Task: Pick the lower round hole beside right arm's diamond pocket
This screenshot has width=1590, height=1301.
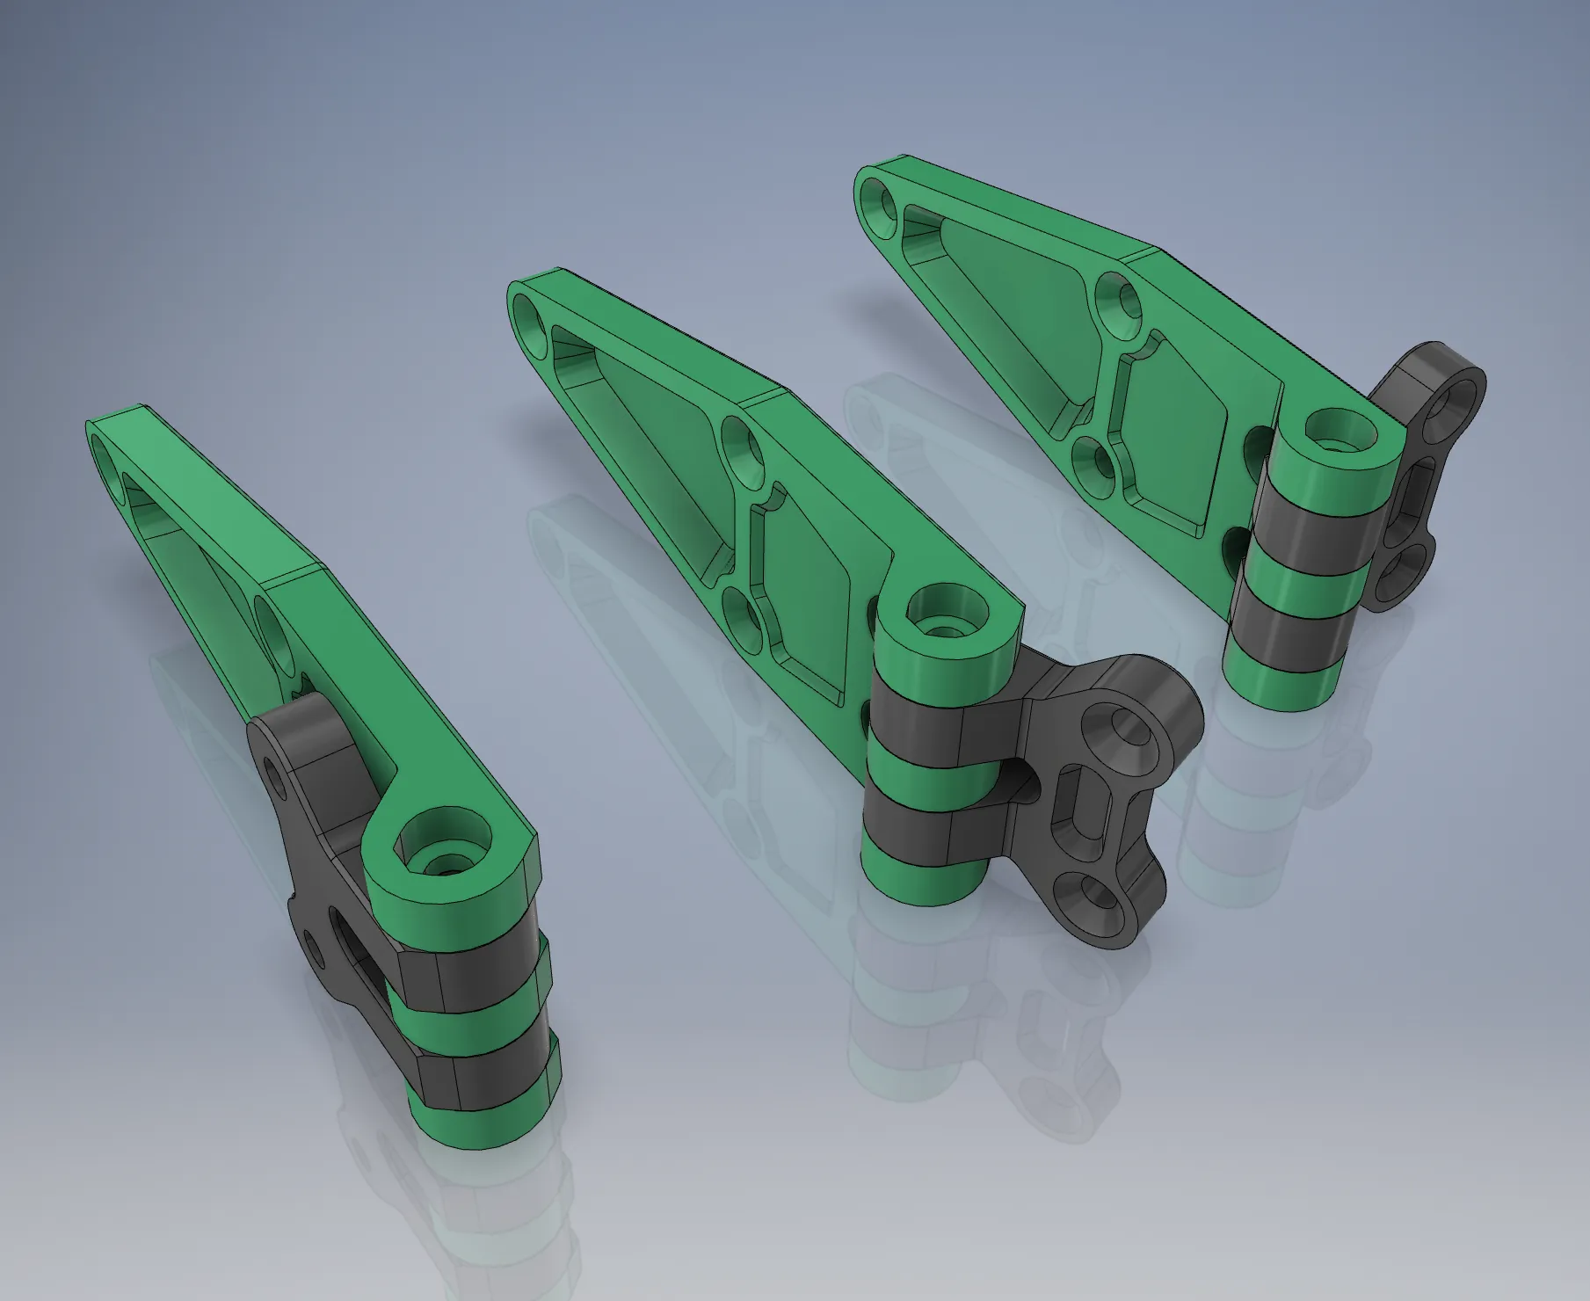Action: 1093,462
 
